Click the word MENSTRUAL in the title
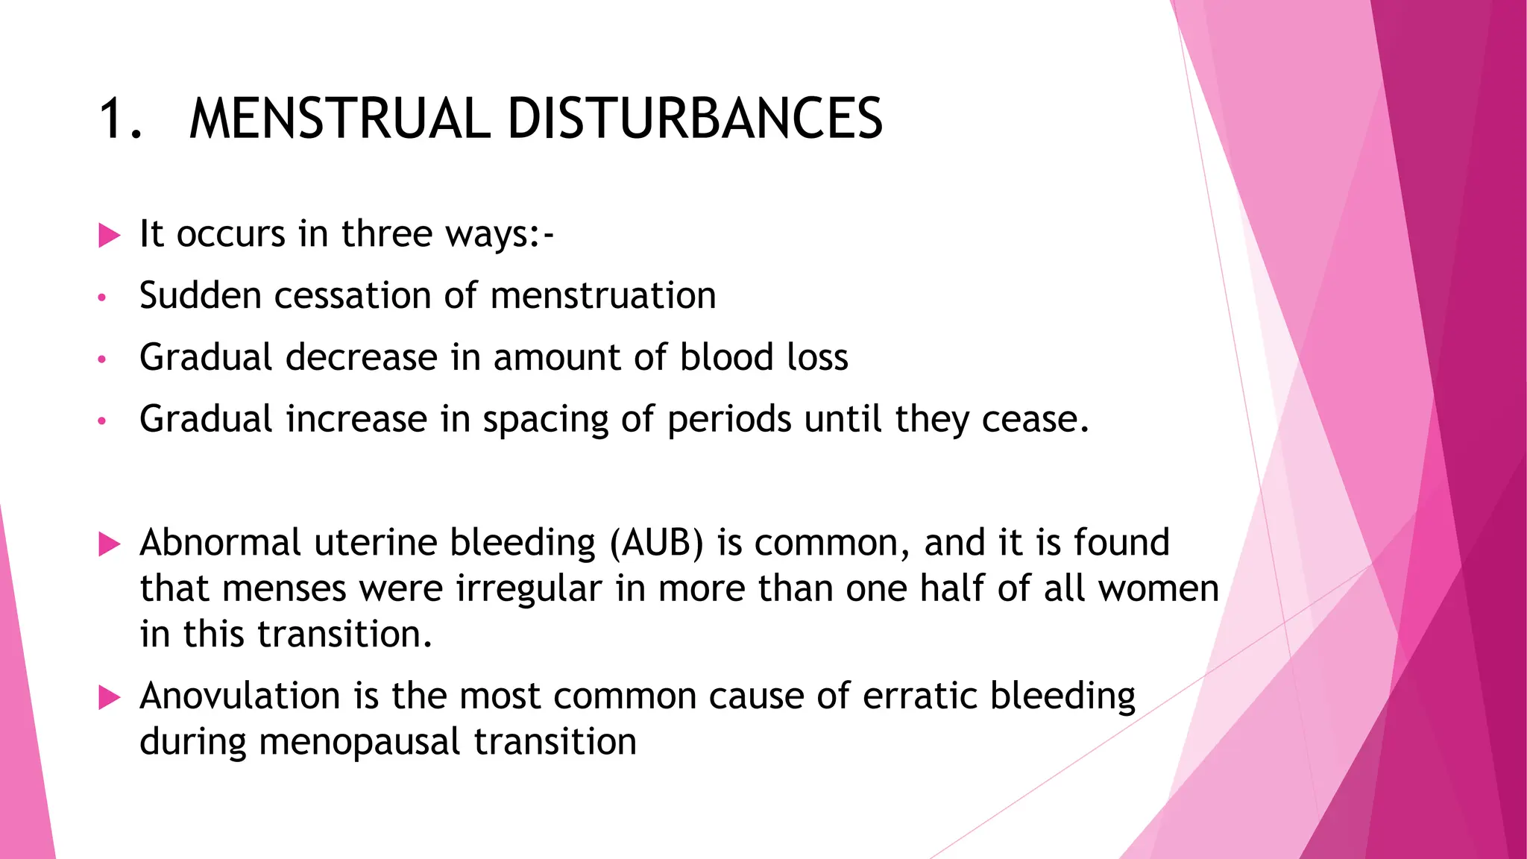point(340,119)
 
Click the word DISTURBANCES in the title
point(695,119)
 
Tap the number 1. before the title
point(119,119)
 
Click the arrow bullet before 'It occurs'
point(109,236)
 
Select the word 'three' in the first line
point(387,234)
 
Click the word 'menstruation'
point(603,295)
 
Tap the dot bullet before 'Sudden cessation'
point(102,298)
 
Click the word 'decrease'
point(362,357)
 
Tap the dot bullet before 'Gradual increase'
point(102,421)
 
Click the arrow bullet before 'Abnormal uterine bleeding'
point(109,544)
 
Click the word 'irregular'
point(529,588)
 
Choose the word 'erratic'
point(919,696)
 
